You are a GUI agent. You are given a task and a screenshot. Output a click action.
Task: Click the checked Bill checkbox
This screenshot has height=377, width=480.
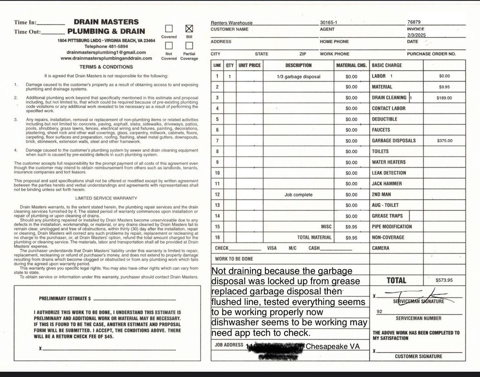click(x=189, y=28)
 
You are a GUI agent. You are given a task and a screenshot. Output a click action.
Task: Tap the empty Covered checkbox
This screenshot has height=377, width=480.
click(x=169, y=28)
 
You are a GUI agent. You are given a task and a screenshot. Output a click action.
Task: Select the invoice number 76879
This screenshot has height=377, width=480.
click(x=414, y=22)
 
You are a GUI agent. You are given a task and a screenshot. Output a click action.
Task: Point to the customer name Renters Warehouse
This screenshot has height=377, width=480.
click(x=231, y=23)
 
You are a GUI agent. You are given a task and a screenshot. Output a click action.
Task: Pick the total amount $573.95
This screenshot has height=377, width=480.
click(x=444, y=280)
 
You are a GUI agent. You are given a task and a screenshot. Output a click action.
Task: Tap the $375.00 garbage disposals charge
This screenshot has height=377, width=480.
click(x=444, y=141)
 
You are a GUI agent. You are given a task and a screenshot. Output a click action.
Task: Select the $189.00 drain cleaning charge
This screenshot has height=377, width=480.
click(x=444, y=98)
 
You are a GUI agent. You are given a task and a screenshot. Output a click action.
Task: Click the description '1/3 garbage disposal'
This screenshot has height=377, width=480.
click(x=298, y=76)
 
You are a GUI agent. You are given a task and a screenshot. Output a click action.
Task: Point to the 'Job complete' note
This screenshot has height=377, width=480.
click(x=298, y=195)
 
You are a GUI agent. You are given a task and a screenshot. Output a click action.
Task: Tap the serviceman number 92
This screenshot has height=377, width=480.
click(x=379, y=312)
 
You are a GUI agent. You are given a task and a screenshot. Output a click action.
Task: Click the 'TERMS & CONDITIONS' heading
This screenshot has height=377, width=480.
click(x=106, y=67)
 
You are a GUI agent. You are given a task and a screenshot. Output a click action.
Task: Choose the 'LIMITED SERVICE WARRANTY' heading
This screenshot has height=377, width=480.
click(x=106, y=198)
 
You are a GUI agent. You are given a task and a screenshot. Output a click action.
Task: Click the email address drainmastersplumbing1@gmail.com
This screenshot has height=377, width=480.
click(x=106, y=52)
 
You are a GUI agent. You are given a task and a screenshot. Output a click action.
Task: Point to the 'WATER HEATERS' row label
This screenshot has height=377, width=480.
click(x=388, y=162)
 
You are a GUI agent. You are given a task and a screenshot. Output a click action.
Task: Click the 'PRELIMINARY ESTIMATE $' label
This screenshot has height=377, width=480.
click(x=65, y=298)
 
